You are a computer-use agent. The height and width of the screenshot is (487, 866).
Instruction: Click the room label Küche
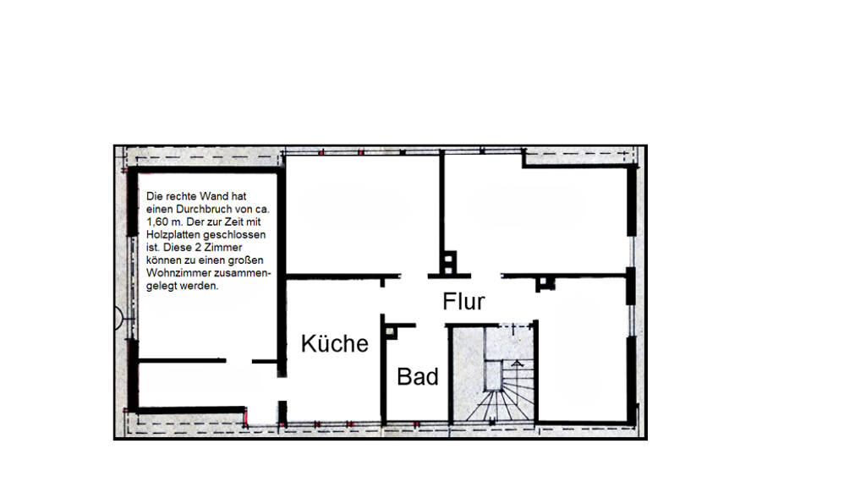point(335,343)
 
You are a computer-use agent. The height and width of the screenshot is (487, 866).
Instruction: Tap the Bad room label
point(418,376)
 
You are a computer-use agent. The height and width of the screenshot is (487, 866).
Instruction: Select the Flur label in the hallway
point(463,302)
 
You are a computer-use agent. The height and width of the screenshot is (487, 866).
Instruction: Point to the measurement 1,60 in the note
point(156,222)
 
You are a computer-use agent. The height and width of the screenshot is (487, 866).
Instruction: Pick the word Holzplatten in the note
point(173,235)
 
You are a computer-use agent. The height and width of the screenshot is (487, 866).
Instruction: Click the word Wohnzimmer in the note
point(174,273)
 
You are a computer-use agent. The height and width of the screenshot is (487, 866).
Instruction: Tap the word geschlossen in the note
point(234,235)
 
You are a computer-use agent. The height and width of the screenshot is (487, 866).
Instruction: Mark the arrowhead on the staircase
point(517,364)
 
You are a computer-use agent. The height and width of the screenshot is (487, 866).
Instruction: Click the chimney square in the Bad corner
point(391,331)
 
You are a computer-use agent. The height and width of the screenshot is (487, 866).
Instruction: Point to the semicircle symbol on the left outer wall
point(118,319)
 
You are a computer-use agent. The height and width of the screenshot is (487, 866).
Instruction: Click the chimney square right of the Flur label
point(545,284)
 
